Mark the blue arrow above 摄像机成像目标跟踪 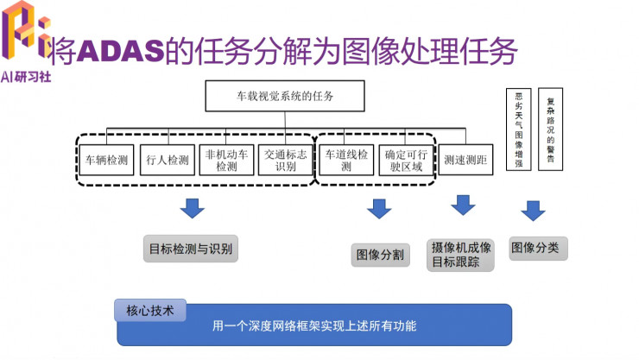pos(464,205)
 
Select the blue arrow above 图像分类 pos(533,211)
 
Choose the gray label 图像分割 pos(380,255)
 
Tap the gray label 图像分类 pos(535,249)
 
